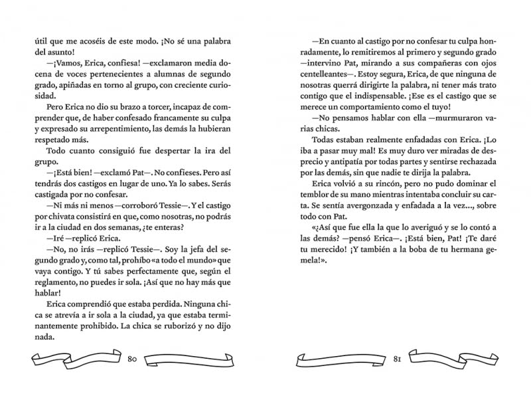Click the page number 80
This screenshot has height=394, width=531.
[131, 359]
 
